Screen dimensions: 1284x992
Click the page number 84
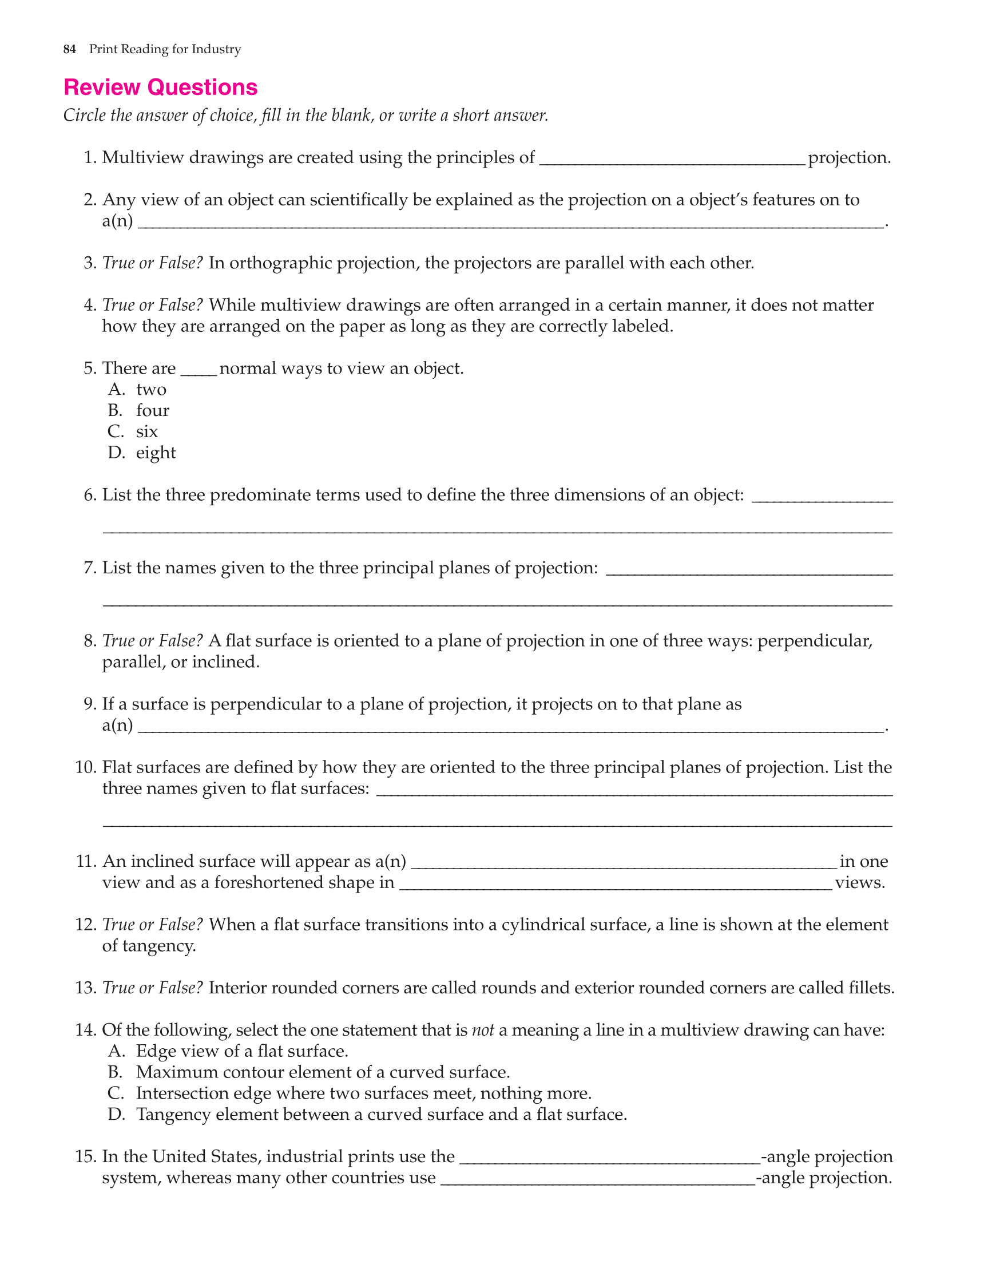tap(69, 49)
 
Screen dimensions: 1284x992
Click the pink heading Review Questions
tap(160, 88)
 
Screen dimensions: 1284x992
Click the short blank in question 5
tap(199, 370)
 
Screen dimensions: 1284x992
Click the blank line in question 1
tap(672, 160)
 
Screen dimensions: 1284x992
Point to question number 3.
tap(90, 263)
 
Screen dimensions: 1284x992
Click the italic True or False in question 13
tap(152, 988)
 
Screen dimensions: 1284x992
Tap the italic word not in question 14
tap(483, 1030)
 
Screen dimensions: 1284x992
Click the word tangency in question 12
tap(156, 946)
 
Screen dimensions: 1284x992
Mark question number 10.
tap(86, 767)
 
